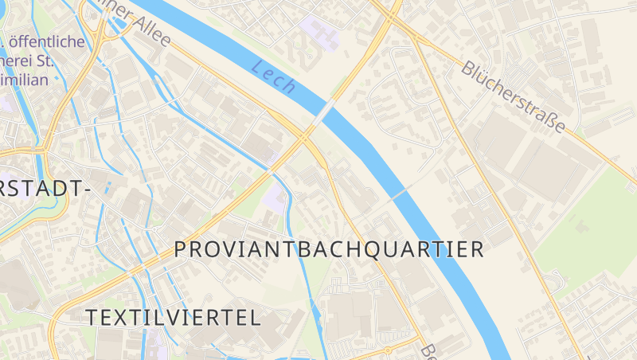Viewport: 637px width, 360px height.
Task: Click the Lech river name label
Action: click(274, 76)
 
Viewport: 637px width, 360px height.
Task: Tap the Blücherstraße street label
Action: click(514, 97)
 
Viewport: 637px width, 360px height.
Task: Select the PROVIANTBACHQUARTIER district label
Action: click(329, 249)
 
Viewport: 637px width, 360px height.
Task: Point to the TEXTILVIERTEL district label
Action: click(173, 318)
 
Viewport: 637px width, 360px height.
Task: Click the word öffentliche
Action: click(47, 41)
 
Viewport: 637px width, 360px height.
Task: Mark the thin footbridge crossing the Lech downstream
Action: click(401, 193)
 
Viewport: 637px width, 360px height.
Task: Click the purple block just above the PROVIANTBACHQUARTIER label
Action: click(275, 199)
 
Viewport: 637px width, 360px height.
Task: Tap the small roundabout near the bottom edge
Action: click(387, 350)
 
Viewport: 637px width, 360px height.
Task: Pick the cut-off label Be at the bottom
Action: click(428, 351)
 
